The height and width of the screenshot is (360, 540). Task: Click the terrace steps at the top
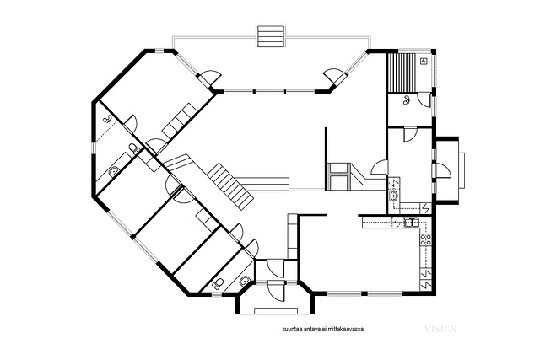pyautogui.click(x=270, y=37)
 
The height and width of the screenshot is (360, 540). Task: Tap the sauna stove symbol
pyautogui.click(x=424, y=62)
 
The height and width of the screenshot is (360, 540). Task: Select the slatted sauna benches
pyautogui.click(x=402, y=73)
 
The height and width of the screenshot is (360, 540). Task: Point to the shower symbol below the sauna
pyautogui.click(x=407, y=100)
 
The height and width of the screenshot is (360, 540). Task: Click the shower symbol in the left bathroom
pyautogui.click(x=107, y=120)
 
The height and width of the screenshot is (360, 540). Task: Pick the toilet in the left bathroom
pyautogui.click(x=133, y=149)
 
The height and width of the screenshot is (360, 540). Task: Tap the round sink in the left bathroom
pyautogui.click(x=114, y=171)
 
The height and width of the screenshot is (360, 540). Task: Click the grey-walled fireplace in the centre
pyautogui.click(x=339, y=176)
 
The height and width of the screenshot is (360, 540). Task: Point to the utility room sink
pyautogui.click(x=393, y=196)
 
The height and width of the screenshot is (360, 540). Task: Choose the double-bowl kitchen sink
pyautogui.click(x=411, y=223)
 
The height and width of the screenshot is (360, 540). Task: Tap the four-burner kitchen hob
pyautogui.click(x=425, y=239)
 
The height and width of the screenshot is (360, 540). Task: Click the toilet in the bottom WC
pyautogui.click(x=218, y=284)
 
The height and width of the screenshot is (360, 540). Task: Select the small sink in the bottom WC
pyautogui.click(x=245, y=281)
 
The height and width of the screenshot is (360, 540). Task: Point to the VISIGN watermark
pyautogui.click(x=440, y=329)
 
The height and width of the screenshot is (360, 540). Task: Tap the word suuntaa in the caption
pyautogui.click(x=290, y=329)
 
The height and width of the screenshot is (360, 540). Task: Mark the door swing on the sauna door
pyautogui.click(x=424, y=99)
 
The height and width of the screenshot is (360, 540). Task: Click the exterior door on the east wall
pyautogui.click(x=443, y=170)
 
